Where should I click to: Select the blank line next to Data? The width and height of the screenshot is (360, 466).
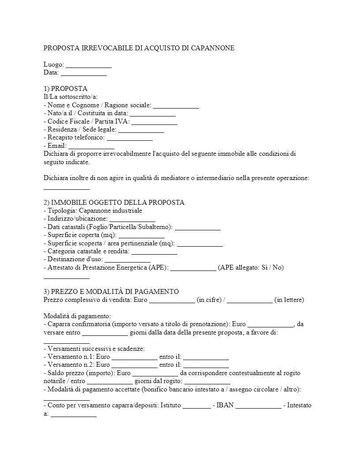[x=84, y=72]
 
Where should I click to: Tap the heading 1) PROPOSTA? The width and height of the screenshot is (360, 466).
[x=65, y=89]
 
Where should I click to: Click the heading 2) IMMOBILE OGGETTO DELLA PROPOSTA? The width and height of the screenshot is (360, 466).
[x=114, y=203]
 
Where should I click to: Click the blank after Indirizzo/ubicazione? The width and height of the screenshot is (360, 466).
[x=132, y=218]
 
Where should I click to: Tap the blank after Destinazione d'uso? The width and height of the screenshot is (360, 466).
[x=127, y=259]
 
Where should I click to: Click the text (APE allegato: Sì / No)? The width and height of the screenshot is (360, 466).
[x=251, y=267]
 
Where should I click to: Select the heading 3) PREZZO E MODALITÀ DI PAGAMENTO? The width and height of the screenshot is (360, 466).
[x=111, y=292]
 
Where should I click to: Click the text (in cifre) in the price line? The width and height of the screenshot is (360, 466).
[x=210, y=300]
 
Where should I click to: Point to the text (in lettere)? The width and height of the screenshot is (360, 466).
[x=289, y=300]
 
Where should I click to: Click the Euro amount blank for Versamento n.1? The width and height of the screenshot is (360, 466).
[x=134, y=357]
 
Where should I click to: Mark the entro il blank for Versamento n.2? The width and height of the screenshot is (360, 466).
[x=206, y=365]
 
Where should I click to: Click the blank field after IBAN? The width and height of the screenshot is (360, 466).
[x=258, y=405]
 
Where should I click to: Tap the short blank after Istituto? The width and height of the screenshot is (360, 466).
[x=196, y=405]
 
